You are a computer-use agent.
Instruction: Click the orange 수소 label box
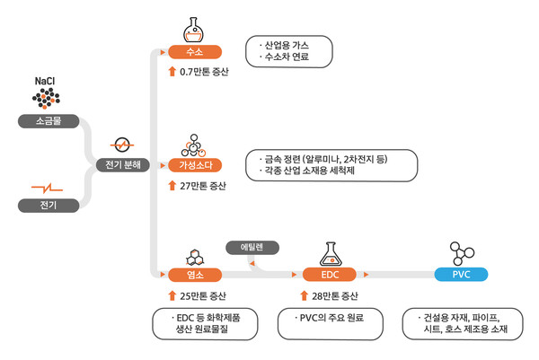point(194,52)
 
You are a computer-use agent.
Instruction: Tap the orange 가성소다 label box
point(194,165)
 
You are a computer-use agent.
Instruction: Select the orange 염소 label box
point(194,274)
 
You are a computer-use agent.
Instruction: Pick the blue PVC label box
point(460,274)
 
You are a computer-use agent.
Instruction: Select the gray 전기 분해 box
point(121,165)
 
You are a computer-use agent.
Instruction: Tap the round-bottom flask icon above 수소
point(194,27)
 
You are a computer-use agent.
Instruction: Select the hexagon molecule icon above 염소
point(194,255)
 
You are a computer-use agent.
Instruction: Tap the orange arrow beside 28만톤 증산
point(303,295)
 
